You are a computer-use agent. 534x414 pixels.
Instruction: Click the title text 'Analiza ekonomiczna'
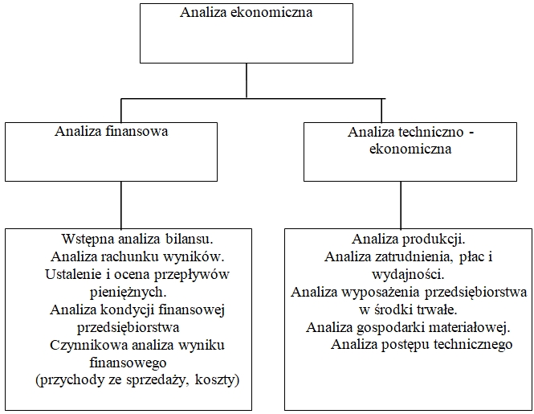pos(246,12)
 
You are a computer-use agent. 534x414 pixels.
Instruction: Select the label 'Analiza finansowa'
pos(112,131)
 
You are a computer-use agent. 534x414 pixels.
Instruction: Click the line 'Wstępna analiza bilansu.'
pos(137,239)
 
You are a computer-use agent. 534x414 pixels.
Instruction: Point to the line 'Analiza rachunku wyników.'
pos(137,256)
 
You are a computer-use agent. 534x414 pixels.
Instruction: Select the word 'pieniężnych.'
pos(128,292)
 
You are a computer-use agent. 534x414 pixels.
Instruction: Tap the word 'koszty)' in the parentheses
pos(218,380)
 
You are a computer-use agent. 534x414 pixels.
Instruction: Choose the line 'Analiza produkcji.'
pos(409,239)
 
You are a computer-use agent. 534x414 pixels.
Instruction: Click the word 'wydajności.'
pos(408,274)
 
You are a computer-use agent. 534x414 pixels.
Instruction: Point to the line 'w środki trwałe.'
pos(408,309)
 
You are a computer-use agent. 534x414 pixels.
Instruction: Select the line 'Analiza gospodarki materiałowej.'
pos(408,327)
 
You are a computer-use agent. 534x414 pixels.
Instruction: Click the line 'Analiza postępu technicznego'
pos(422,344)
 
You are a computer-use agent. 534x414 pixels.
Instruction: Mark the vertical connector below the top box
pos(247,80)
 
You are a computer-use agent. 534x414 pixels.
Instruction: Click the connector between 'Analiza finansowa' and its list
pos(121,205)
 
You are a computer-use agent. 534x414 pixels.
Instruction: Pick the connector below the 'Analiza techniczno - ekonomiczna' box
pos(401,205)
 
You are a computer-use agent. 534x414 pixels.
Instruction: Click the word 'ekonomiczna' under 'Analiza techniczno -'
pos(410,149)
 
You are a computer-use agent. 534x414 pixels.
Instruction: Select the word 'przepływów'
pos(192,274)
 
